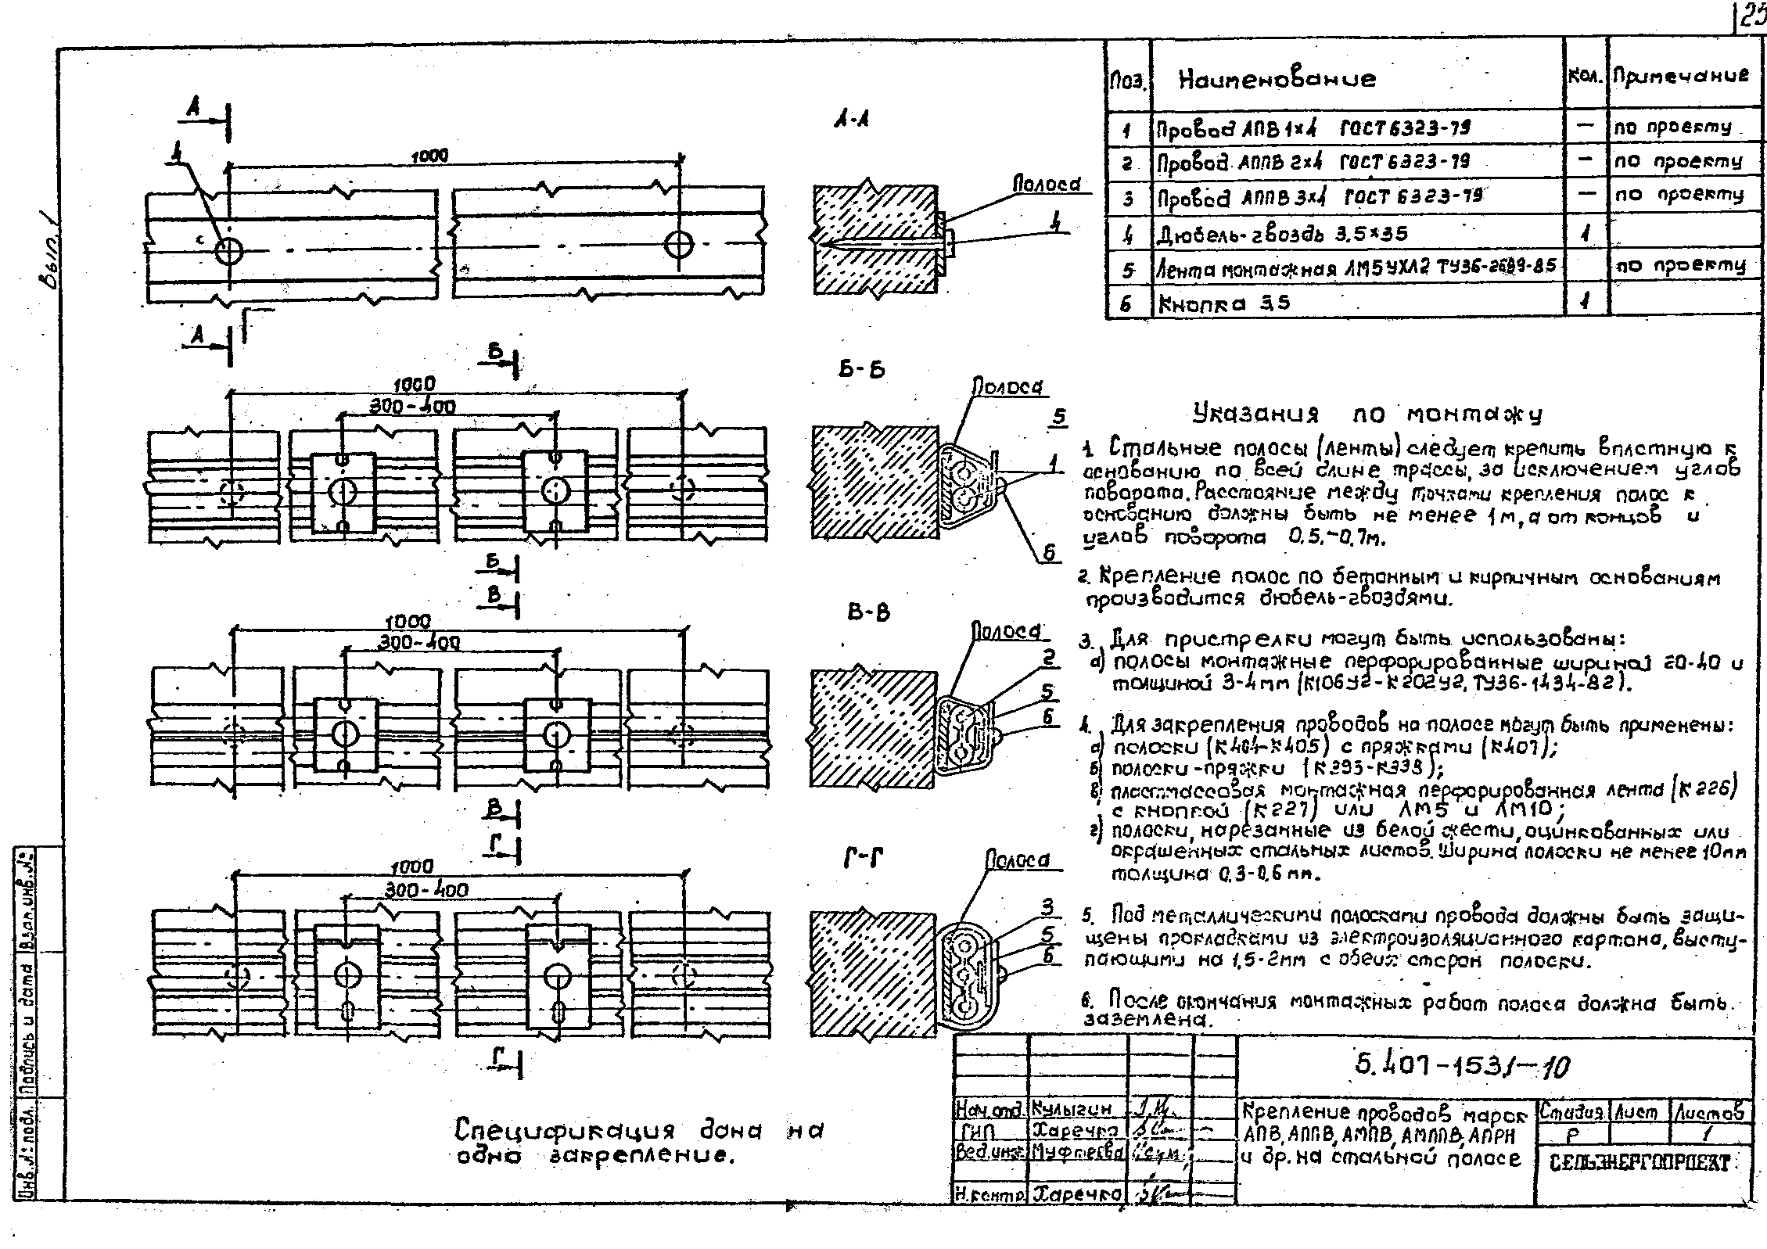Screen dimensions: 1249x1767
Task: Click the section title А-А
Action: pyautogui.click(x=852, y=120)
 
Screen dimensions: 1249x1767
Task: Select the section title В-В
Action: pyautogui.click(x=868, y=612)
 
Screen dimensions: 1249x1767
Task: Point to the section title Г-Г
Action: pyautogui.click(x=864, y=859)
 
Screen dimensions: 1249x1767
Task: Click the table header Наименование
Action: pyautogui.click(x=1277, y=79)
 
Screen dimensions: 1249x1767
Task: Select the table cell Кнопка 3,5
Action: pyautogui.click(x=1224, y=303)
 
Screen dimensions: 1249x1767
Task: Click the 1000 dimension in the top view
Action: pyautogui.click(x=429, y=156)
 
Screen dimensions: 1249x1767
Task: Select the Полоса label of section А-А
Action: pyautogui.click(x=1047, y=184)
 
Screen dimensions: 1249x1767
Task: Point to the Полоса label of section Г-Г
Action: pyautogui.click(x=1017, y=860)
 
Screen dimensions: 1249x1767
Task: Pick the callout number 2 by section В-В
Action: pyautogui.click(x=1049, y=657)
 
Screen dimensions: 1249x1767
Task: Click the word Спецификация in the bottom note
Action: pyautogui.click(x=564, y=1132)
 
